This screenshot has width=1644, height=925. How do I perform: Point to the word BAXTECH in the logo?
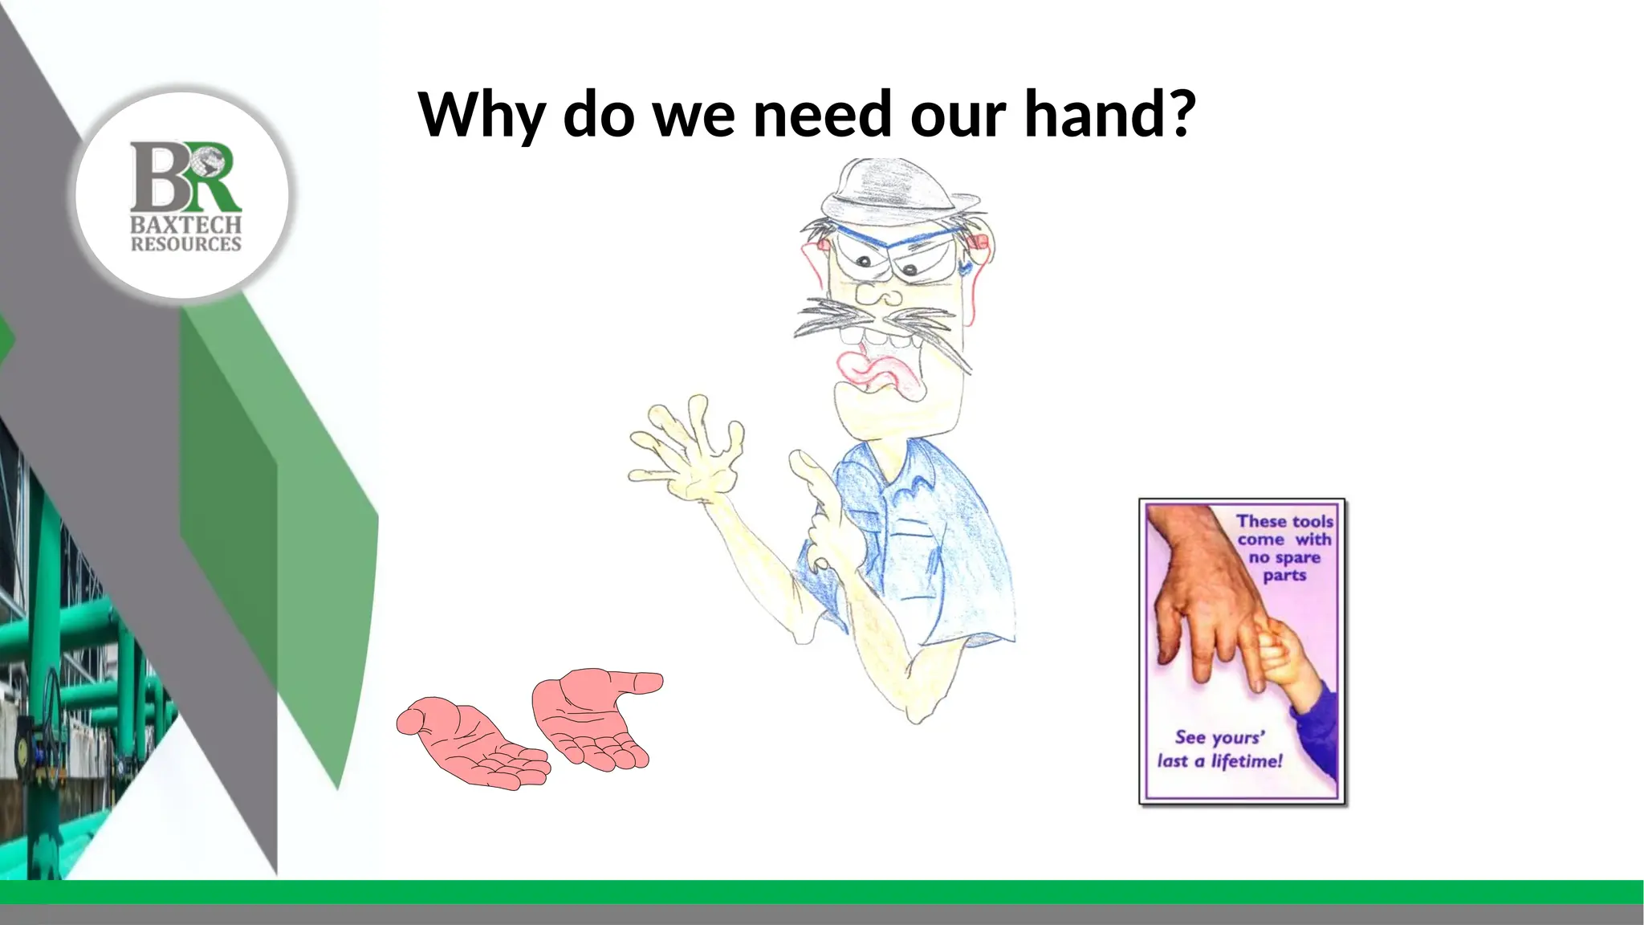tap(185, 226)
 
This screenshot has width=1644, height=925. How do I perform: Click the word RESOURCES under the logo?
tap(185, 244)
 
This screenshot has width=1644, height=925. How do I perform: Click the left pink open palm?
tap(474, 743)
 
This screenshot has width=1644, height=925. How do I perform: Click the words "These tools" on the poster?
tap(1284, 522)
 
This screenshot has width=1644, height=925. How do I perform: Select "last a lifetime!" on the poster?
tap(1220, 760)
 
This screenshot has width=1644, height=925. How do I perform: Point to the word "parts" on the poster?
tap(1284, 575)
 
